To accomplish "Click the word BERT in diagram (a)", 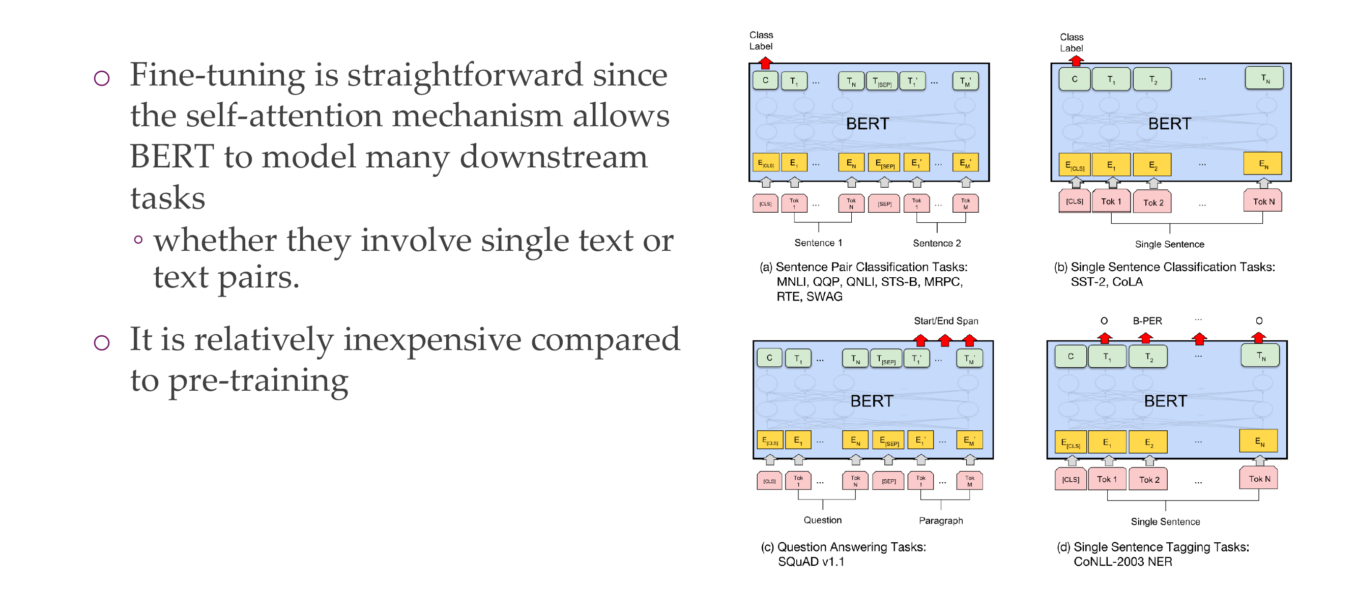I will tap(867, 124).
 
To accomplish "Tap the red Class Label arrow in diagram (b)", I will tap(1076, 61).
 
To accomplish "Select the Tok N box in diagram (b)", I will tap(1263, 201).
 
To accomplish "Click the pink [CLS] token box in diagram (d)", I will tap(1071, 479).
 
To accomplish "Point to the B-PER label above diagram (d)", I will tap(1147, 320).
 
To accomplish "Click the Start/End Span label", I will tap(945, 320).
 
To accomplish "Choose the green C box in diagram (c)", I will tap(769, 358).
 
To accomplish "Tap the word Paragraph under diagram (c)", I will tap(941, 520).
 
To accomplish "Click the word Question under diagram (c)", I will tap(822, 520).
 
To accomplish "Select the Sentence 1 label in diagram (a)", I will tap(818, 243).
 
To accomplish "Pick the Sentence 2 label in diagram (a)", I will tap(937, 243).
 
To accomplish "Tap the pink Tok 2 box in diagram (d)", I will tap(1149, 480).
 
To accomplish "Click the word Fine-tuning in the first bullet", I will tap(217, 75).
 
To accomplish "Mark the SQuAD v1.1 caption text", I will tap(811, 562).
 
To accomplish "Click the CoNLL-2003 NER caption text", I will tap(1122, 562).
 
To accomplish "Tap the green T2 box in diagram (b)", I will tap(1152, 79).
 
